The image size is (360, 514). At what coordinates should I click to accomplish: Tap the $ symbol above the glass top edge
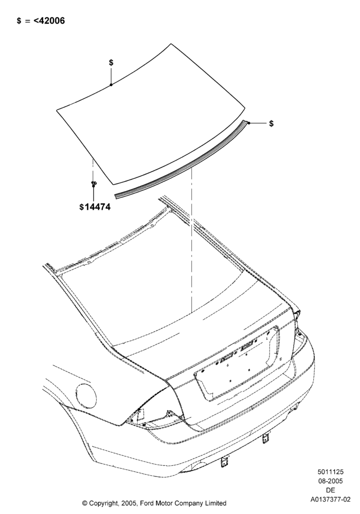pos(111,62)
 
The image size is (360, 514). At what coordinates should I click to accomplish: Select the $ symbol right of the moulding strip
pos(271,123)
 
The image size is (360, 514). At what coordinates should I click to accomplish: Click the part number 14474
pos(97,207)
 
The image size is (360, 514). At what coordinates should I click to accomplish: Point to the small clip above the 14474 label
pos(94,184)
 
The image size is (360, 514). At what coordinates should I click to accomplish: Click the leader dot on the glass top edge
pos(111,85)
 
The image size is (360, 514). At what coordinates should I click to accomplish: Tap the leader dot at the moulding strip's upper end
pos(249,123)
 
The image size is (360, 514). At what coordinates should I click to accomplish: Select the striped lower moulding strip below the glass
pos(181,160)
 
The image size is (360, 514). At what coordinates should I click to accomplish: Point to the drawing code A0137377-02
pos(331,500)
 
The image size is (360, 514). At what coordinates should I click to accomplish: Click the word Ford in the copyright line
pos(149,503)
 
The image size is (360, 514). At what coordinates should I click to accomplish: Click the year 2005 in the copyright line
pos(128,503)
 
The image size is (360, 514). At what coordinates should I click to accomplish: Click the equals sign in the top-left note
pos(28,21)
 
